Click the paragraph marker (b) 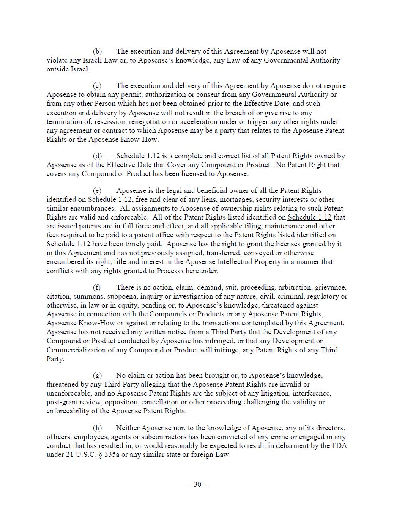pos(97,52)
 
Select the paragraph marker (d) pos(97,156)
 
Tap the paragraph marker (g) pos(97,376)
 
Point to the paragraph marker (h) pos(97,428)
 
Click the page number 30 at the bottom pos(197,485)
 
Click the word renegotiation pos(149,122)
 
